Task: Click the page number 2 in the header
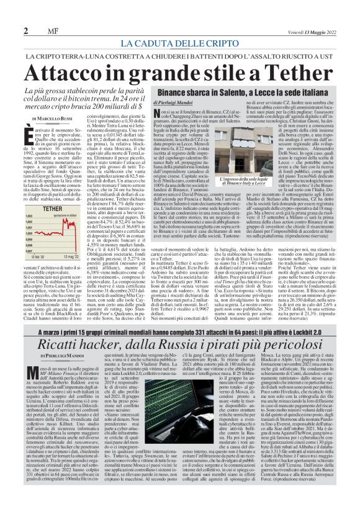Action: pyautogui.click(x=25, y=30)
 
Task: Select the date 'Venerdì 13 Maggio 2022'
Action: pyautogui.click(x=304, y=30)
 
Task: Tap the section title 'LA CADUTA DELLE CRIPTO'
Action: pyautogui.click(x=180, y=43)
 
